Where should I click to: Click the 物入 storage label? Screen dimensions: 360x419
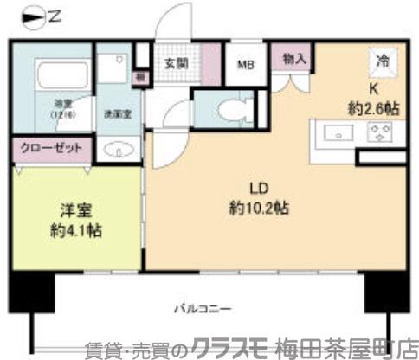294,59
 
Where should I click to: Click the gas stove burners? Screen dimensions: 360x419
378,133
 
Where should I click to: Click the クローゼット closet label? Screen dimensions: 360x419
51,148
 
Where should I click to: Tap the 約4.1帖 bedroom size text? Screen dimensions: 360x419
77,231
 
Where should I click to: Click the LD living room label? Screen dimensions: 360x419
257,188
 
